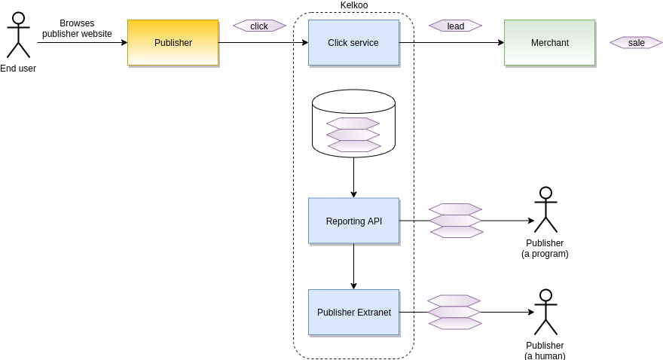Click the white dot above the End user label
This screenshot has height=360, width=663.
pyautogui.click(x=18, y=18)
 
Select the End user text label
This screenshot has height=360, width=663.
pyautogui.click(x=18, y=69)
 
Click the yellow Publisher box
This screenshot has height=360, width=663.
pyautogui.click(x=173, y=43)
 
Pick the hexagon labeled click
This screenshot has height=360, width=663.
pyautogui.click(x=259, y=26)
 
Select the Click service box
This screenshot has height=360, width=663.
pyautogui.click(x=353, y=43)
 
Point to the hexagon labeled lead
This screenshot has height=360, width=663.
pyautogui.click(x=455, y=26)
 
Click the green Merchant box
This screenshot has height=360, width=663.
pyautogui.click(x=549, y=43)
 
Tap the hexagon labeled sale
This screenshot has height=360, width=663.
pyautogui.click(x=636, y=42)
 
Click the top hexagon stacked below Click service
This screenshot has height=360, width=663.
pyautogui.click(x=353, y=123)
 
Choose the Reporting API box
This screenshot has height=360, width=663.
pyautogui.click(x=353, y=221)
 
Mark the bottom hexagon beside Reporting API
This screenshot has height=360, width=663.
pyautogui.click(x=457, y=232)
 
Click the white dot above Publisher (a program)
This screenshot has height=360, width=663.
pyautogui.click(x=545, y=193)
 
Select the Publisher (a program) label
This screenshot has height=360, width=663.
pyautogui.click(x=545, y=249)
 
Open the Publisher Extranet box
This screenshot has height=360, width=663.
pyautogui.click(x=353, y=312)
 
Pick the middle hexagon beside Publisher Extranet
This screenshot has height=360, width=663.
pyautogui.click(x=454, y=312)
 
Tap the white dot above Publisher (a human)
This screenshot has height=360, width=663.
pyautogui.click(x=545, y=295)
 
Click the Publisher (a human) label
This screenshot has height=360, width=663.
pyautogui.click(x=545, y=350)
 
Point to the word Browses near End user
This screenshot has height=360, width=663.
pyautogui.click(x=77, y=23)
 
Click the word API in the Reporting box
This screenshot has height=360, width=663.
pyautogui.click(x=374, y=221)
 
